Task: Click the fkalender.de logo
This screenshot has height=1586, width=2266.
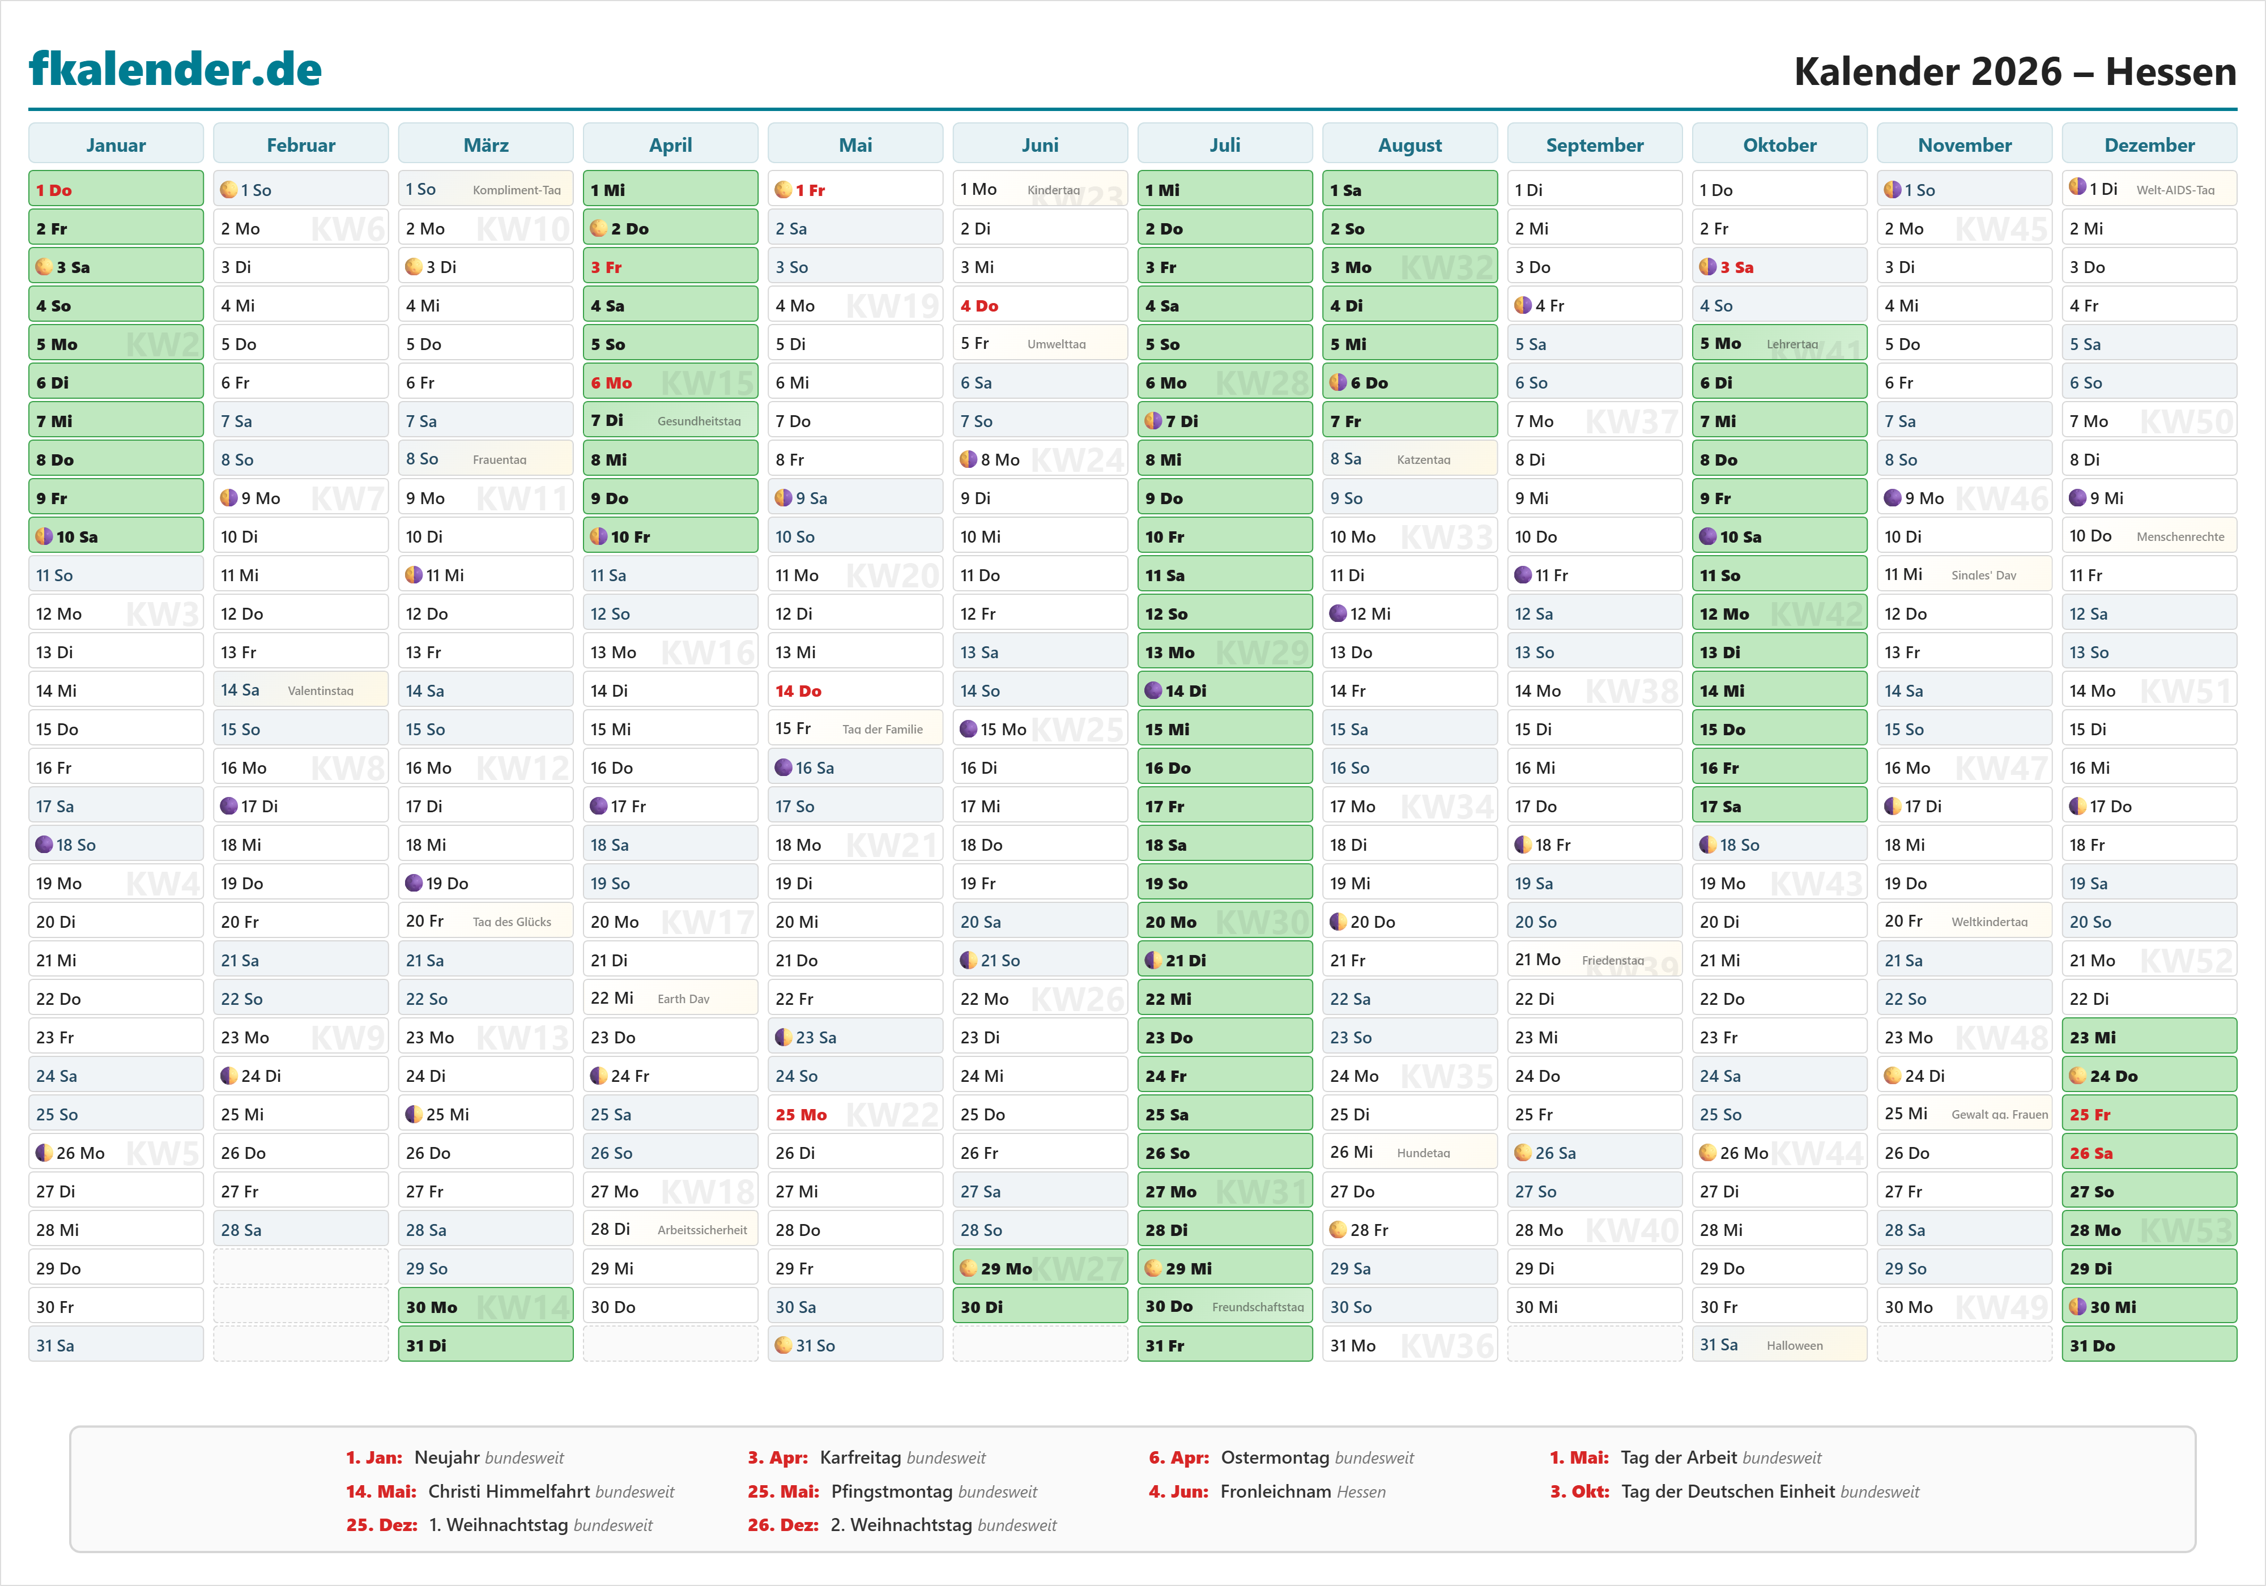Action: pyautogui.click(x=176, y=69)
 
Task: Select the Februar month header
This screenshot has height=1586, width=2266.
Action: pyautogui.click(x=301, y=145)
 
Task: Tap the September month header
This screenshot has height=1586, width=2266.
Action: pyautogui.click(x=1594, y=145)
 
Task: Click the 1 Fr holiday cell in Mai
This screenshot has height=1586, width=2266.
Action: pyautogui.click(x=855, y=190)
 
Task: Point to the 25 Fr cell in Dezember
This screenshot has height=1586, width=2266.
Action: pyautogui.click(x=2149, y=1114)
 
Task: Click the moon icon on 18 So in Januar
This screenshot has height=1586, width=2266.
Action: pyautogui.click(x=44, y=845)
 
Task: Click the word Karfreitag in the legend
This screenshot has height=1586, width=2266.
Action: pyautogui.click(x=861, y=1457)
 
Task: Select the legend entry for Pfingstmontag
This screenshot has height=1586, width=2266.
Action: pyautogui.click(x=892, y=1491)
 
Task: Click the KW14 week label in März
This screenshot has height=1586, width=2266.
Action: pyautogui.click(x=522, y=1307)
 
